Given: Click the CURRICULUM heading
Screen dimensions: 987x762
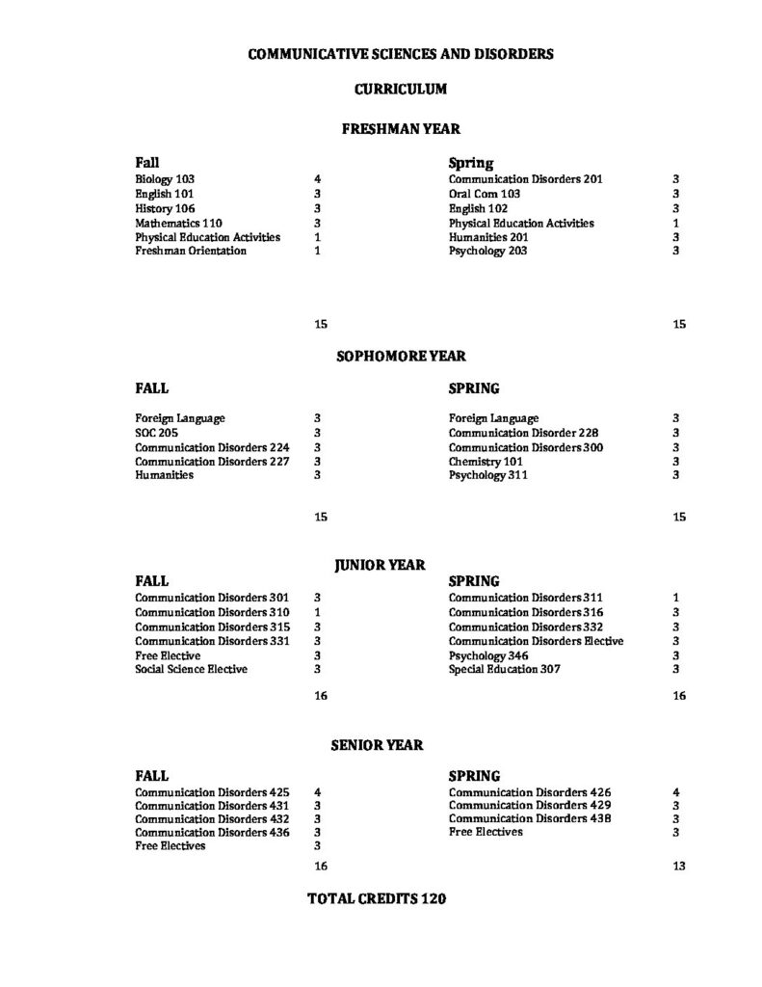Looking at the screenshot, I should [400, 90].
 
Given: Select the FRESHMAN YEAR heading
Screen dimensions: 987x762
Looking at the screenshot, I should [401, 128].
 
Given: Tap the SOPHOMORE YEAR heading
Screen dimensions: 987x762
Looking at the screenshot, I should [401, 356].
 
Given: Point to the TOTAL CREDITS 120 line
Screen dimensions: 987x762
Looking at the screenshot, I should [376, 898].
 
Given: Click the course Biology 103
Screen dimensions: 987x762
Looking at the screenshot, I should [165, 179].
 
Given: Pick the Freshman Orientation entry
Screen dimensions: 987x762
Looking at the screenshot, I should [191, 251].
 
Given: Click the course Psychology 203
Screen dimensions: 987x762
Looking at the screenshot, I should [487, 251].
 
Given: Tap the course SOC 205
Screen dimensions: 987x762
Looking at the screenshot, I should [156, 433].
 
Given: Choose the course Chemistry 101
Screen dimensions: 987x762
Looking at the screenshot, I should [486, 461].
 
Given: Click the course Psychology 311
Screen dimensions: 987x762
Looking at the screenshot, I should [487, 475].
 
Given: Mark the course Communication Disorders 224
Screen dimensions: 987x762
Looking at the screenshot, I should [212, 447].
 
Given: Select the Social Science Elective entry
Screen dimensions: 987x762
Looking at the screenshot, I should [191, 669].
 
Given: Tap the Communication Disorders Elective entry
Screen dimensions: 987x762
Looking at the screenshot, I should [536, 641].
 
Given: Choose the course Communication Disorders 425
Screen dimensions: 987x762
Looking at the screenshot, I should [212, 791].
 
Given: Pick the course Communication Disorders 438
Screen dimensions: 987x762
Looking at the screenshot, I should [529, 818].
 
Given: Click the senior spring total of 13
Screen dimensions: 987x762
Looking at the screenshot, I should [679, 866].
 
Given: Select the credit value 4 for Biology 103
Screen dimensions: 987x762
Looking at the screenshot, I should [317, 179].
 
